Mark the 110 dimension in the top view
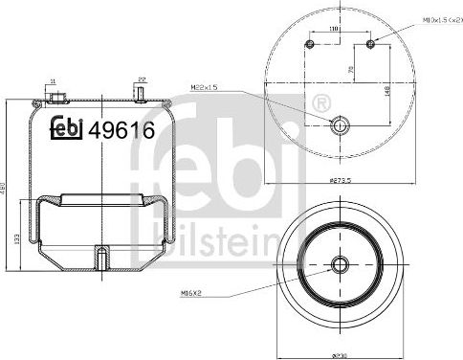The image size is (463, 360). click(336, 31)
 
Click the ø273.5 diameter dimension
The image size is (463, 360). click(340, 180)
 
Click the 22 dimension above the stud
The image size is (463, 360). click(142, 79)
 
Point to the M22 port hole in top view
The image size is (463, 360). click(339, 124)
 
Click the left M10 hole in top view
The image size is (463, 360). click(309, 44)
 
